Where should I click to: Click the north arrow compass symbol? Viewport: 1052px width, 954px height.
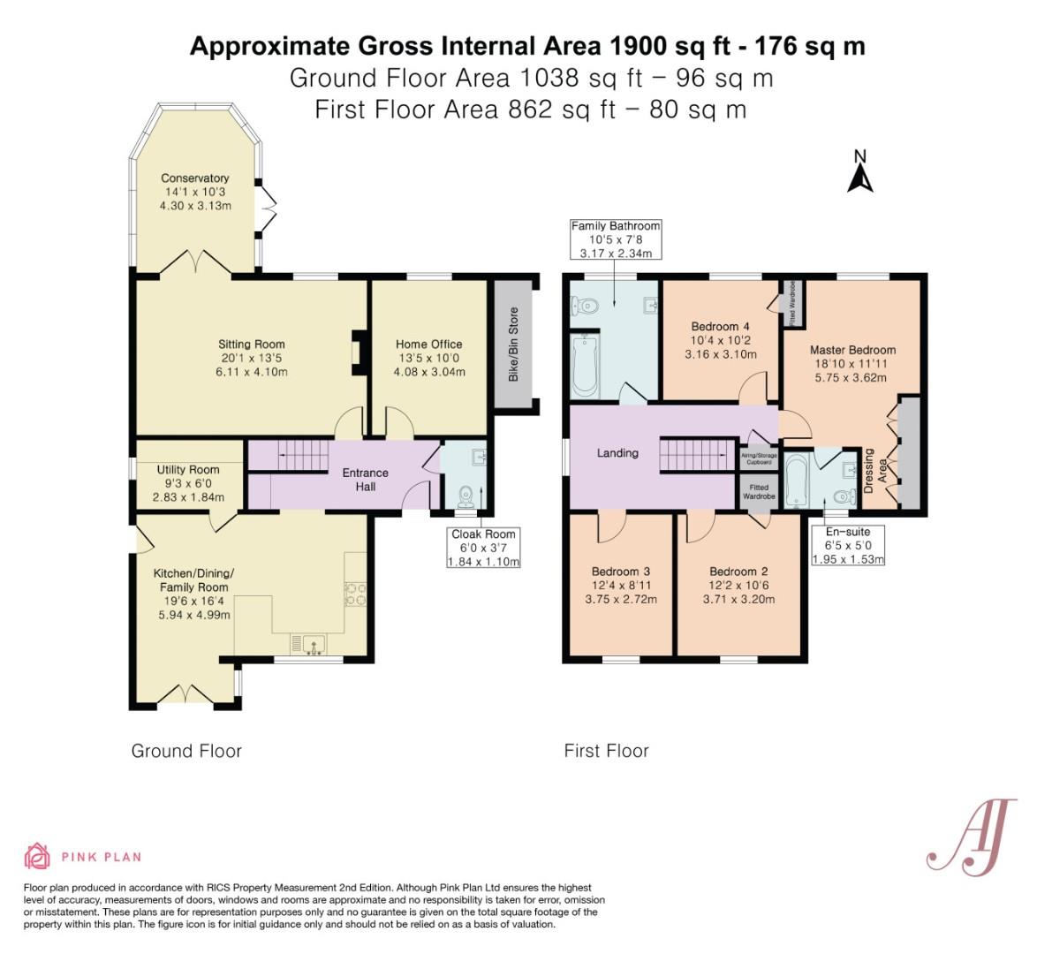point(859,172)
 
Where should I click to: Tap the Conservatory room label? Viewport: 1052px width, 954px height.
point(195,192)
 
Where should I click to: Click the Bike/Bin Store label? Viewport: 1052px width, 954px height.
point(513,344)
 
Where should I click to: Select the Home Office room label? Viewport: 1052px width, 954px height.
point(429,358)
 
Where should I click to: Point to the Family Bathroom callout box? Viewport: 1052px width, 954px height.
point(616,239)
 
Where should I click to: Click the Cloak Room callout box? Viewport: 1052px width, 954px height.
point(483,547)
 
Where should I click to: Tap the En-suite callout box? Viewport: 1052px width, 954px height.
point(848,545)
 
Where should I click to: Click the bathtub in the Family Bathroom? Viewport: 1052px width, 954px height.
point(586,365)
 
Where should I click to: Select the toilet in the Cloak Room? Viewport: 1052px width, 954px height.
point(465,500)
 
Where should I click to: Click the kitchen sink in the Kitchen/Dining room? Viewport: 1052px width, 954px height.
point(314,645)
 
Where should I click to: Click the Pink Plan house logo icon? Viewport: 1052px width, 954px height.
point(37,856)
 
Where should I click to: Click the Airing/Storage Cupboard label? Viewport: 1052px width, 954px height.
point(759,458)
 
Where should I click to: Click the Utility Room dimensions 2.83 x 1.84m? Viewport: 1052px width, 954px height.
point(187,496)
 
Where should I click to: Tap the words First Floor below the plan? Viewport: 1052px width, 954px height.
point(606,751)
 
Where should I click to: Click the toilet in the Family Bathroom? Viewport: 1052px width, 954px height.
point(586,306)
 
